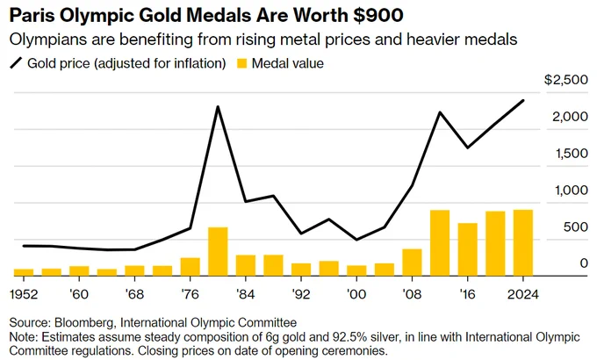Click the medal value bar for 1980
(218, 251)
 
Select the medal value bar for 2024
(523, 242)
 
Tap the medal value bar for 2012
(440, 243)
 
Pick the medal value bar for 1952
(24, 272)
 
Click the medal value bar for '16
(468, 249)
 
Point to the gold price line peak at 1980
(218, 107)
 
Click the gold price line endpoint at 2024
(523, 101)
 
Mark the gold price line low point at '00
(356, 240)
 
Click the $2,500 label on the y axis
(566, 80)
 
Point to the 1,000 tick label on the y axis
(572, 190)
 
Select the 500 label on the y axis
(576, 227)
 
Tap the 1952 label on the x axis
(24, 294)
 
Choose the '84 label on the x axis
(246, 294)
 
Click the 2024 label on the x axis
(523, 294)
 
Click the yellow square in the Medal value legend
(241, 63)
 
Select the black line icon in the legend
(17, 63)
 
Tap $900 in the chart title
(378, 16)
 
